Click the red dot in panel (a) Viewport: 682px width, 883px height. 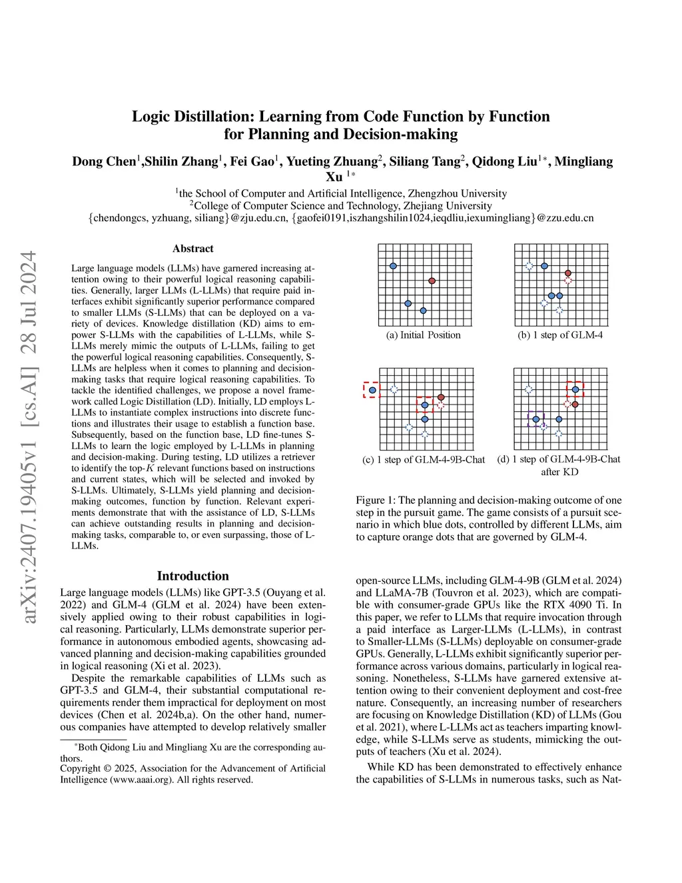point(432,281)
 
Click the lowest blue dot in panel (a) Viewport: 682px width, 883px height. point(423,311)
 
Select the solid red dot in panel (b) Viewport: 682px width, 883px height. point(568,273)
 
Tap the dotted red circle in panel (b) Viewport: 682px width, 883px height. point(568,281)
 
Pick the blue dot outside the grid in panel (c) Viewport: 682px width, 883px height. point(372,390)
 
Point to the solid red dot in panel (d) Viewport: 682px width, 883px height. point(575,405)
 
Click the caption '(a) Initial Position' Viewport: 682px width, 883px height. point(423,335)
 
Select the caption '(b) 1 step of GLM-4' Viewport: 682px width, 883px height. point(560,335)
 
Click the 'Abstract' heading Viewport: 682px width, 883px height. point(193,249)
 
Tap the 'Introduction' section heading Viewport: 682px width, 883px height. point(193,576)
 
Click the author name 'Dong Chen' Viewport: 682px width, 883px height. point(104,162)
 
